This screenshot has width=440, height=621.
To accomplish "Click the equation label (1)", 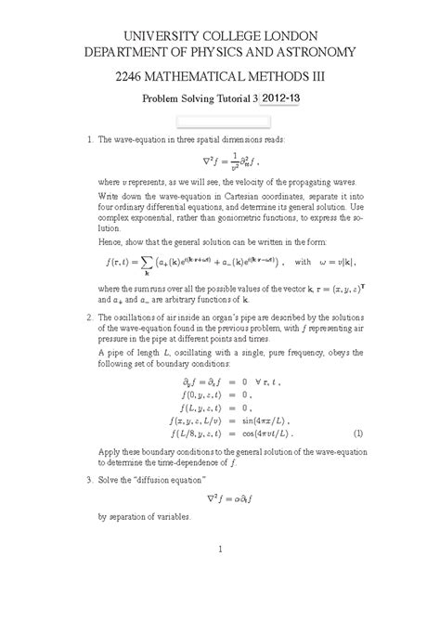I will (x=357, y=433).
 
